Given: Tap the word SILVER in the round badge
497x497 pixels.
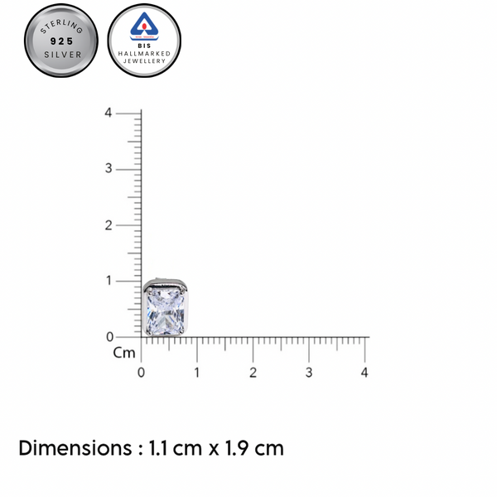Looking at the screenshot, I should [61, 55].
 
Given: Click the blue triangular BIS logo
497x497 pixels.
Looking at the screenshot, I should [144, 27].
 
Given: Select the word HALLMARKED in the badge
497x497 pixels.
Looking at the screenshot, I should [144, 53].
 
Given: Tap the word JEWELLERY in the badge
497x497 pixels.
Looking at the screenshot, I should [144, 60].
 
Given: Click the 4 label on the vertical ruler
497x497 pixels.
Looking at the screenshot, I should [108, 113].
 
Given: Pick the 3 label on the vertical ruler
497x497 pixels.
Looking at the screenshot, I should [108, 169].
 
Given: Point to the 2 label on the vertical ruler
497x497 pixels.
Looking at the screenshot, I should [108, 224].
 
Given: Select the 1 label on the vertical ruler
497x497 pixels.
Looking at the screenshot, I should [108, 281].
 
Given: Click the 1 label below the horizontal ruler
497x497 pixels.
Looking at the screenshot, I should [197, 373].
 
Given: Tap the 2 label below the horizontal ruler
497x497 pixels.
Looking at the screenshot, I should [253, 373].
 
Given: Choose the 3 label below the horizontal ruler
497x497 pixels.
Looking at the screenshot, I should [309, 373].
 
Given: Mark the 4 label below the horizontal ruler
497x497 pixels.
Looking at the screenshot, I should [364, 373].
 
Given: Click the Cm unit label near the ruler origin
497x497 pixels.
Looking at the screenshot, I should [123, 353].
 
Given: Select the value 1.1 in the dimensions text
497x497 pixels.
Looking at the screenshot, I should [160, 449].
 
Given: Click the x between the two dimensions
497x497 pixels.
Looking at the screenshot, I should [213, 451].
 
